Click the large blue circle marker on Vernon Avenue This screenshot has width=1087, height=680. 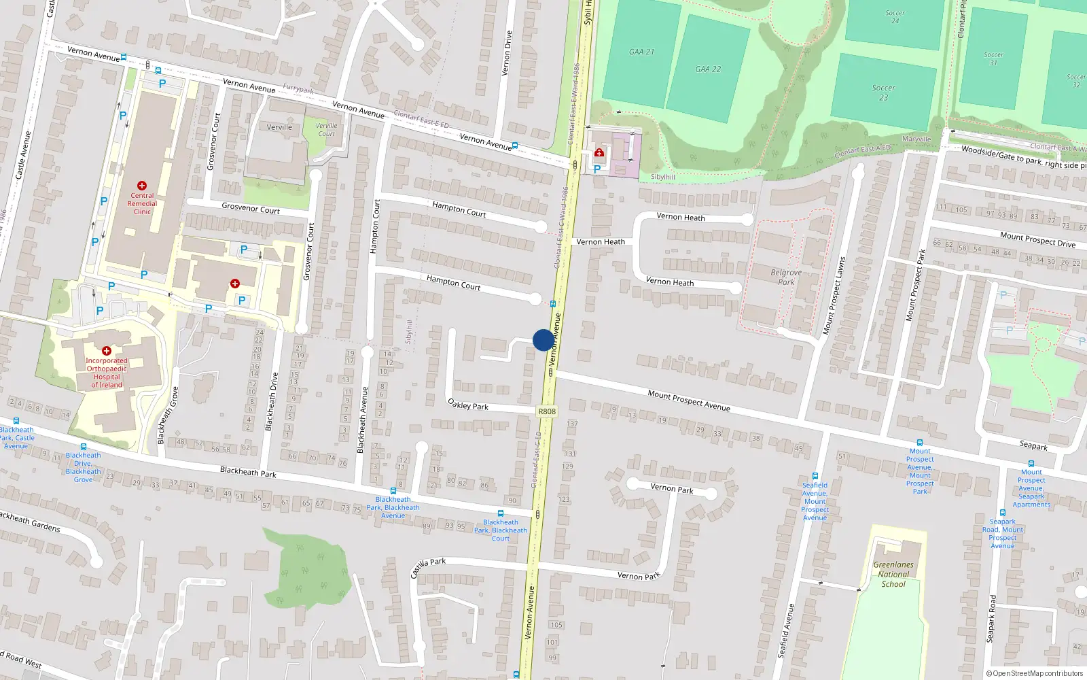(543, 340)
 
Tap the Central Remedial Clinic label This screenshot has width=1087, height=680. (142, 203)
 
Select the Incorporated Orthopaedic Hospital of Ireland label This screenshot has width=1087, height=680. (107, 373)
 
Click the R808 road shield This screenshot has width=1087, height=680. (546, 411)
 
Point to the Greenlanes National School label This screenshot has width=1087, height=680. (893, 574)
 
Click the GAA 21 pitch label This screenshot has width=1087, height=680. (641, 52)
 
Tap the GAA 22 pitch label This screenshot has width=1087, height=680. (708, 69)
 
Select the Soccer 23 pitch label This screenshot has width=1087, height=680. (883, 92)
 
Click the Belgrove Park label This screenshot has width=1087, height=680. (786, 277)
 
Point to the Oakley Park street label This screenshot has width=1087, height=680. (468, 405)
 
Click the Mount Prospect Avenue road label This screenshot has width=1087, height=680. (688, 401)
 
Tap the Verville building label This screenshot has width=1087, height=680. (279, 127)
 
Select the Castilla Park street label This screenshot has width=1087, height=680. (428, 567)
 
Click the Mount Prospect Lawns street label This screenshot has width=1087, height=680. (834, 295)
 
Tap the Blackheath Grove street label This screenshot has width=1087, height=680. (168, 415)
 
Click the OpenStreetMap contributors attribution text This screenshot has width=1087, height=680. (1034, 673)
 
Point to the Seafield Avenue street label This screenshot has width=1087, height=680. (785, 630)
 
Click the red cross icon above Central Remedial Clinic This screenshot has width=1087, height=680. (142, 186)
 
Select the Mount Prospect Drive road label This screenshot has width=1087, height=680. (1037, 239)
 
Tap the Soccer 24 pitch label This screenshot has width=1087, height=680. (895, 17)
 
